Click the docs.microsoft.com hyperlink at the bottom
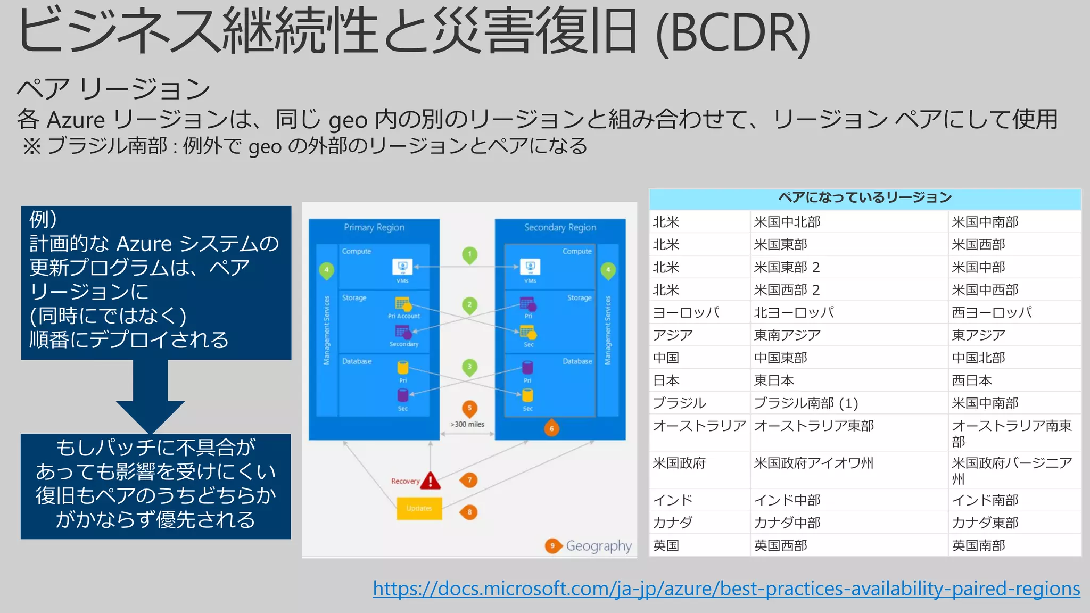(x=726, y=589)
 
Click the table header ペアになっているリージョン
(x=865, y=198)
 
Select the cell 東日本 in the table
(x=774, y=380)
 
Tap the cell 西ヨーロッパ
(x=992, y=312)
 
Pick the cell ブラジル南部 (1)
(x=806, y=403)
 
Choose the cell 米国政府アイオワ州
(x=813, y=463)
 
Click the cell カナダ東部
(x=985, y=523)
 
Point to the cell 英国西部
(x=781, y=546)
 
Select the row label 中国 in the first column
(x=666, y=358)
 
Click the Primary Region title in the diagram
(x=374, y=228)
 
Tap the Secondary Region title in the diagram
(x=560, y=228)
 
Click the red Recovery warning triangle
(x=430, y=481)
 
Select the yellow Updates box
(x=419, y=509)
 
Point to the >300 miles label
(x=467, y=425)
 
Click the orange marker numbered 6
(x=551, y=428)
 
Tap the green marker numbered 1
(x=469, y=254)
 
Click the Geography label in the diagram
(x=598, y=546)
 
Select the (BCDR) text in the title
(x=733, y=33)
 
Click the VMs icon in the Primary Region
(x=402, y=267)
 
